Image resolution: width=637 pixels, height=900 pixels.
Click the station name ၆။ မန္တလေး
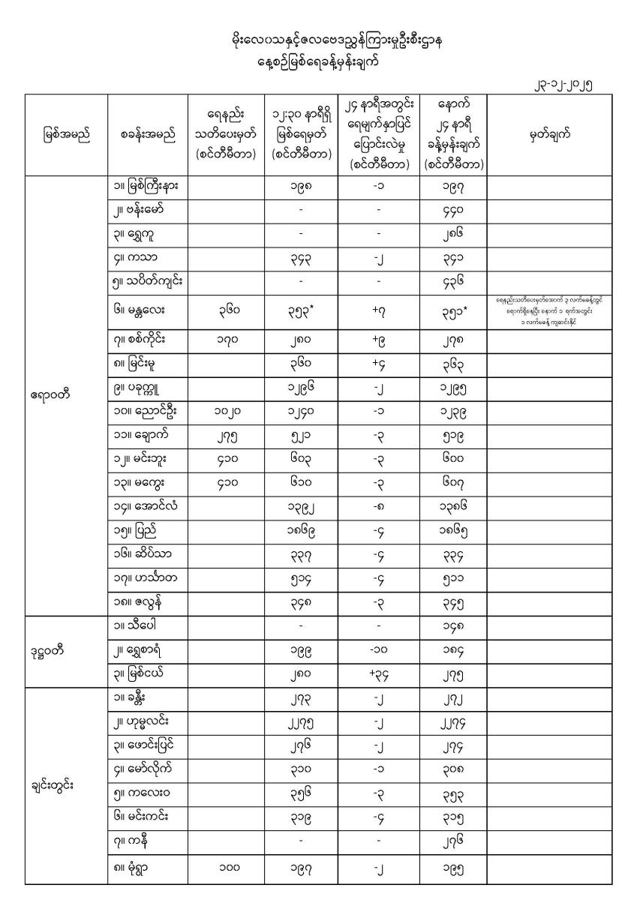coord(142,307)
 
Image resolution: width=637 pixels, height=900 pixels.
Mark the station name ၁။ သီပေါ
coord(137,624)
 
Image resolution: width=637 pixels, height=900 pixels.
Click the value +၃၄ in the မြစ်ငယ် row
coord(379,675)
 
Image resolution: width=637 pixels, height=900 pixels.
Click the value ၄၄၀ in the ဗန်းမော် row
coord(453,211)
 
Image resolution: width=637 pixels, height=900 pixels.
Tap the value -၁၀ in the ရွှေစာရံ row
coord(379,649)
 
